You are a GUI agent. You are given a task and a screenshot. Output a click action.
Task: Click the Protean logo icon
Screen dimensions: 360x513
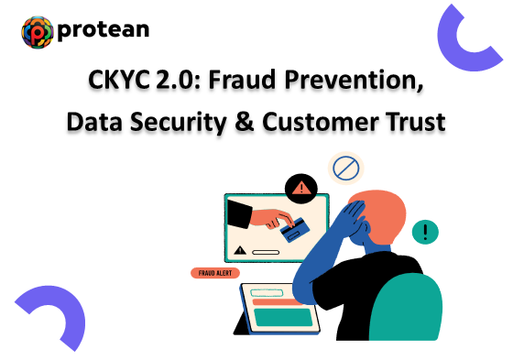38,31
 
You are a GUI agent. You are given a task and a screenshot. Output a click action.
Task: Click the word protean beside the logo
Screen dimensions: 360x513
103,31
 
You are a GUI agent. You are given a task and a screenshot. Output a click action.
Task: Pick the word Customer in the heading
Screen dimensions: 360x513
320,119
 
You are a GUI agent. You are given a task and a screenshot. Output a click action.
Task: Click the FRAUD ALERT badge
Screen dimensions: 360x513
215,272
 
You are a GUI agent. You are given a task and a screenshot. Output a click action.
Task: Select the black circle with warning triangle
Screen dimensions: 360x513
300,190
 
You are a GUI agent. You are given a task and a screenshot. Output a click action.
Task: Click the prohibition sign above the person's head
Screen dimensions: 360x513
345,168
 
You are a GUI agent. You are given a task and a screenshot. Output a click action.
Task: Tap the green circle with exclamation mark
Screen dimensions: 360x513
425,232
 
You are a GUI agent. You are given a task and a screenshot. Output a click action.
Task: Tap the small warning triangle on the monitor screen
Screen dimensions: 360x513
240,248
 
